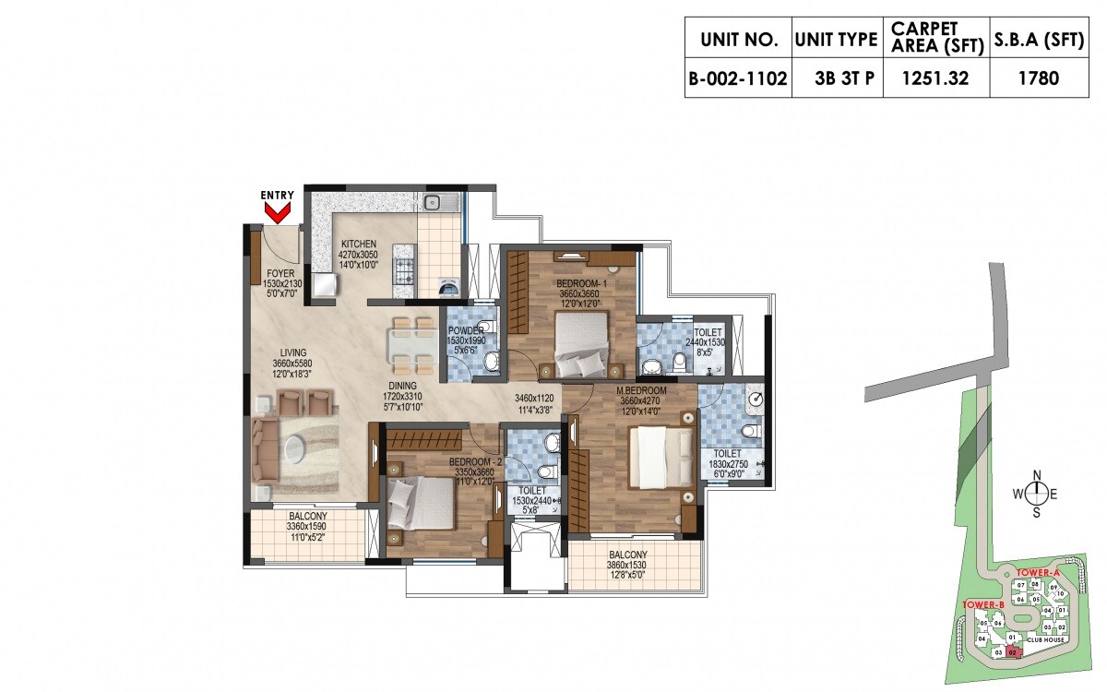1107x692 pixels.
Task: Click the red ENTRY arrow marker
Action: (x=277, y=213)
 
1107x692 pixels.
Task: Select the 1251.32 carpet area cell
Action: (x=935, y=78)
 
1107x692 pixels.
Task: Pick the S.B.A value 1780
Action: (x=1040, y=78)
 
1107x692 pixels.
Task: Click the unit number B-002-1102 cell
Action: (x=737, y=78)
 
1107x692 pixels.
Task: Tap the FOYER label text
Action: (x=280, y=273)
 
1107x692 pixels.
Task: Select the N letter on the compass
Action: (x=1036, y=476)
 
